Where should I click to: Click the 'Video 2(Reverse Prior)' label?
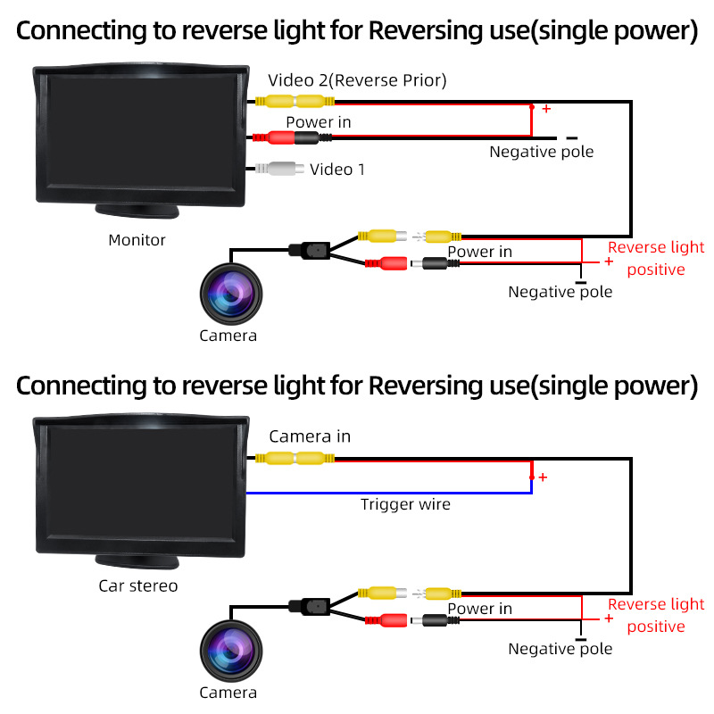(x=357, y=80)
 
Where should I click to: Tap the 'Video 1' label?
(x=337, y=170)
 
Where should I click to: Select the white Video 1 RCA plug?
(x=279, y=169)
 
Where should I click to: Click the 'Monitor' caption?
(x=137, y=240)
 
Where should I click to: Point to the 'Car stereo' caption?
(x=138, y=586)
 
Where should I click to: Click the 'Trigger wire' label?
(x=405, y=504)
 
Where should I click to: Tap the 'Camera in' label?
(x=310, y=436)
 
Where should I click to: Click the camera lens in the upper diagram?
(x=231, y=294)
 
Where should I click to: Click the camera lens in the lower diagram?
(x=231, y=651)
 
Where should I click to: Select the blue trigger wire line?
(x=389, y=494)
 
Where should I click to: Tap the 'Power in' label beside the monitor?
(x=319, y=122)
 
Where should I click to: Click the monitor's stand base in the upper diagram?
(x=137, y=212)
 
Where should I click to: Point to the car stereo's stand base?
(x=137, y=562)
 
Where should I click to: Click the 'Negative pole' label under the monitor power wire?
(x=542, y=152)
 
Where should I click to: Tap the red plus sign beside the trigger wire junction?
(x=543, y=477)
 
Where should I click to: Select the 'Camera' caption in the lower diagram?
(x=228, y=693)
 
